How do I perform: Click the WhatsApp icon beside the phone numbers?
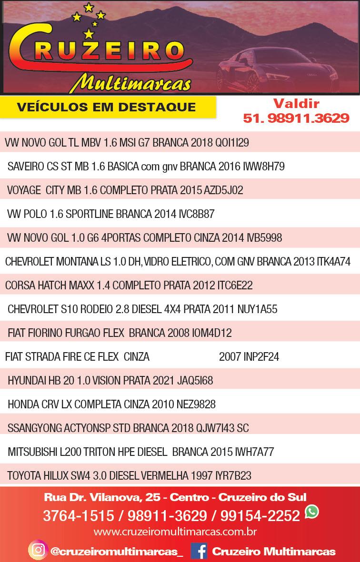point(312,512)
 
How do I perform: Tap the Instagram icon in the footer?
point(37,551)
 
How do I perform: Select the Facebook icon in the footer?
point(199,551)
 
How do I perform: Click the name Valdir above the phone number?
point(296,104)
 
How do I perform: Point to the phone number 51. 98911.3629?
point(296,118)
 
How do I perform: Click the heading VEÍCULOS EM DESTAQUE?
point(106,107)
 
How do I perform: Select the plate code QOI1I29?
point(232,143)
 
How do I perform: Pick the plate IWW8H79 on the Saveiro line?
point(264,167)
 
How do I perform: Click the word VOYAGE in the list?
point(24,190)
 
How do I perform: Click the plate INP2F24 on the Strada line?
point(249,357)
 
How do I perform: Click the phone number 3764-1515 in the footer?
point(79,515)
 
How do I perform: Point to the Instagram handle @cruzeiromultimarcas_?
point(117,552)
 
